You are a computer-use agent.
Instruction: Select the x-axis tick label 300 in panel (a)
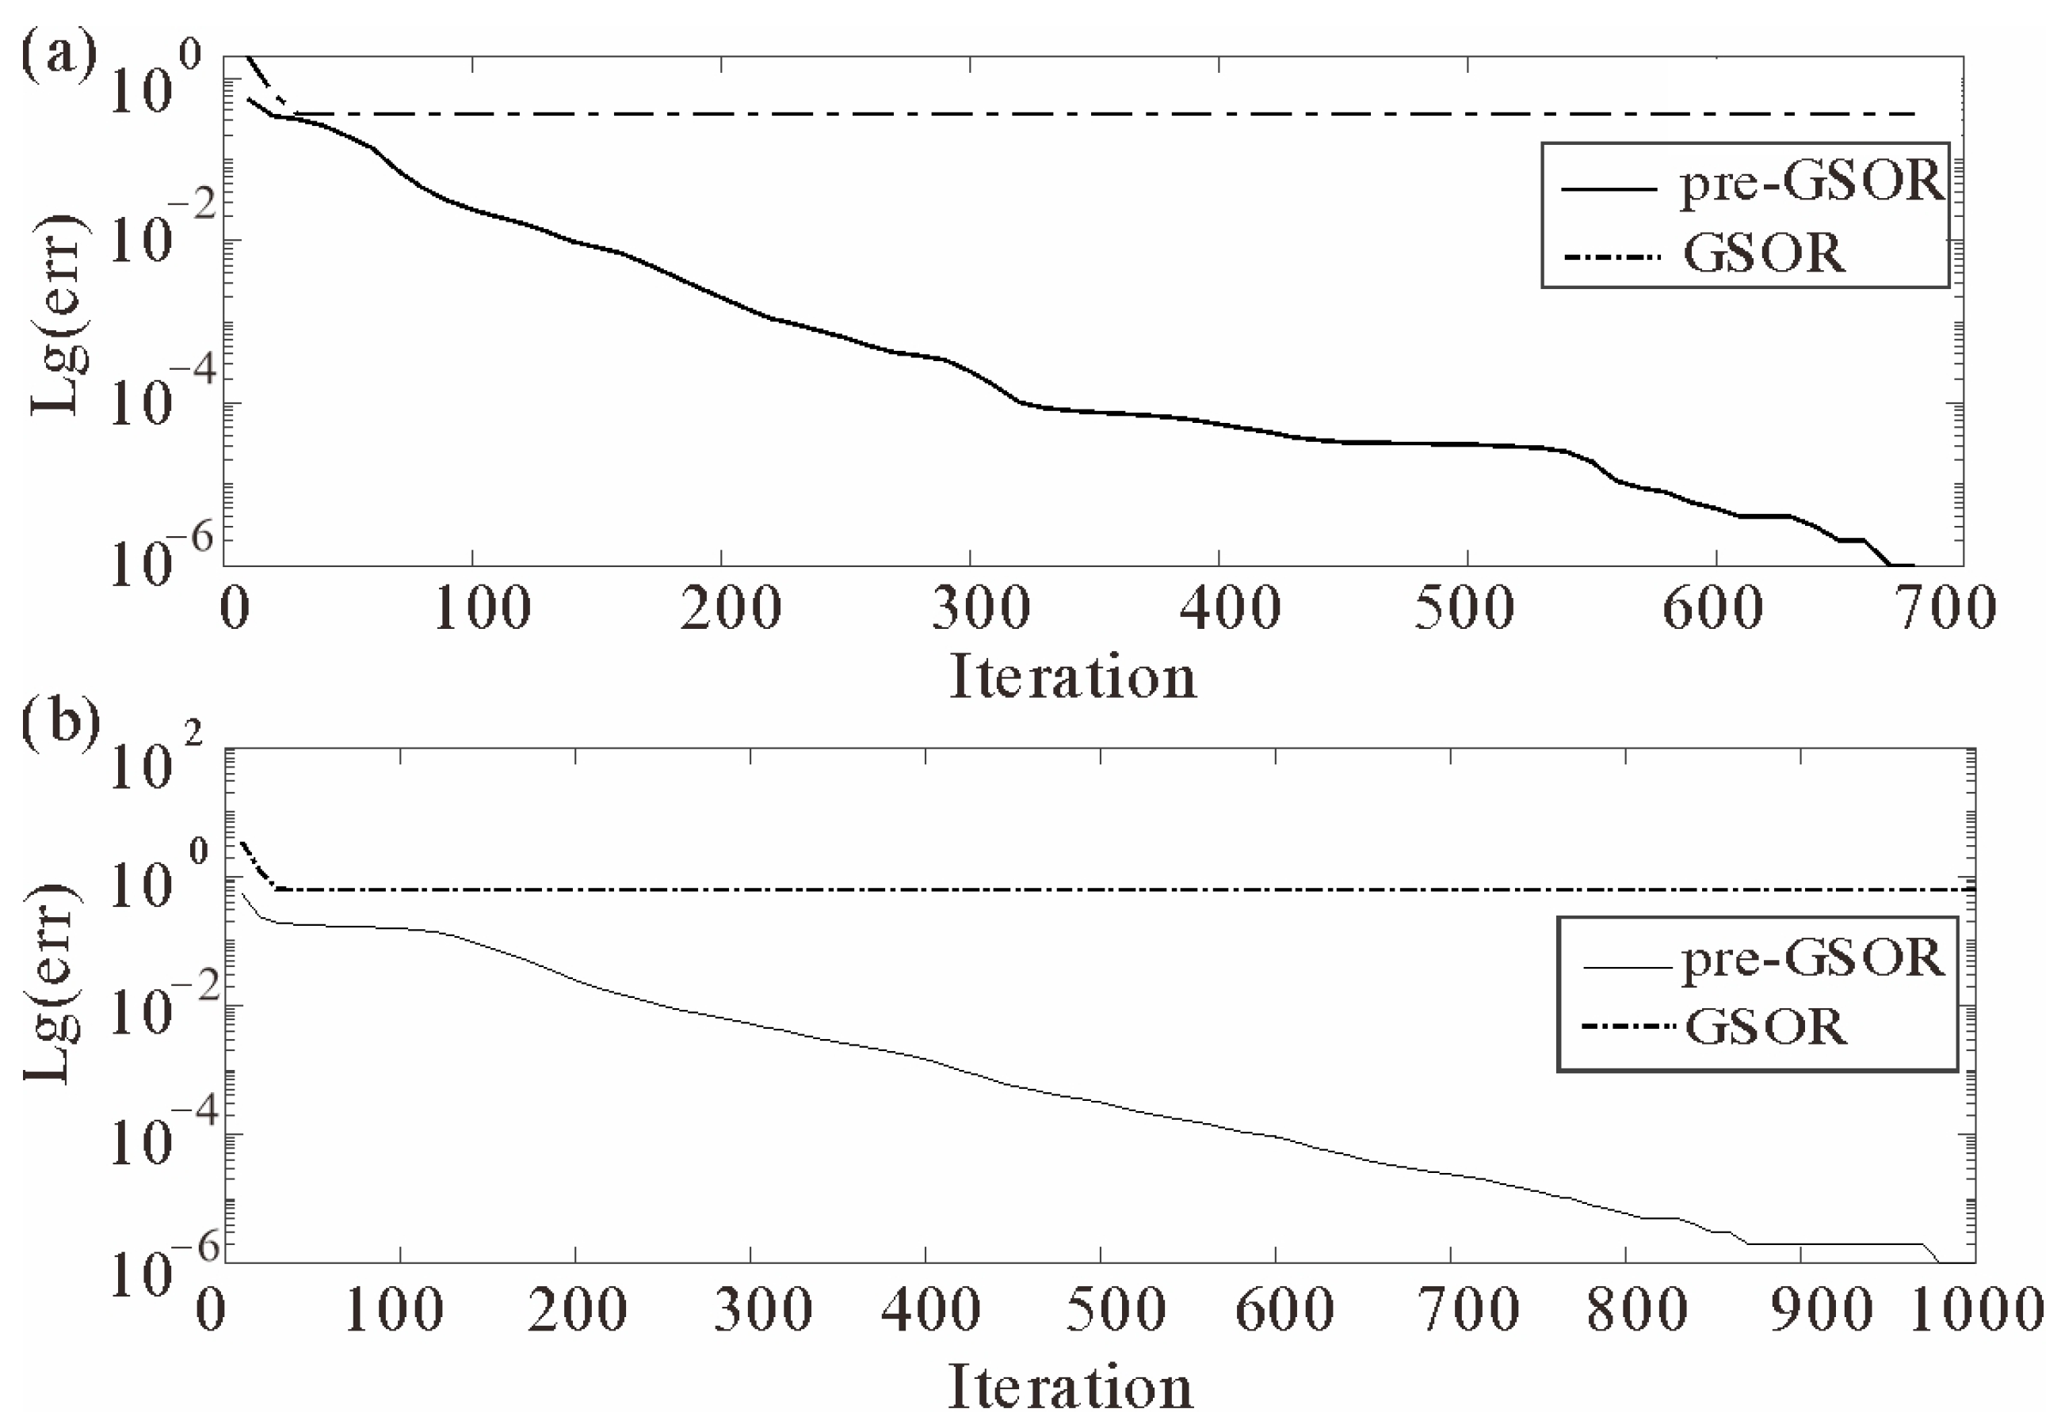coord(981,608)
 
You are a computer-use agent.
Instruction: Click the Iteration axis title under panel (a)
coord(1072,676)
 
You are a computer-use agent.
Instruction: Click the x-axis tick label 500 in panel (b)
coord(1116,1310)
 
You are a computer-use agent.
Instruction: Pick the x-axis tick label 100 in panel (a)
coord(482,608)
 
